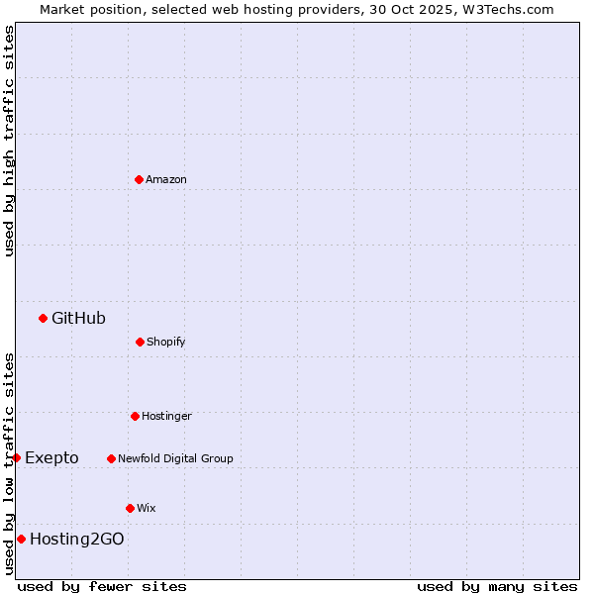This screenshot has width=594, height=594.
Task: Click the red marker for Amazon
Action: pyautogui.click(x=139, y=179)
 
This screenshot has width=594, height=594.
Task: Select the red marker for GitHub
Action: pyautogui.click(x=43, y=318)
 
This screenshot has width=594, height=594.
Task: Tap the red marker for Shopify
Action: pyautogui.click(x=140, y=342)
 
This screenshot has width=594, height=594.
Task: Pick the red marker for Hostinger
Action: pyautogui.click(x=135, y=416)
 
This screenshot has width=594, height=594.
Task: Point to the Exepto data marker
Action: pyautogui.click(x=16, y=457)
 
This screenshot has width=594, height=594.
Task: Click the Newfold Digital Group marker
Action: pyautogui.click(x=111, y=458)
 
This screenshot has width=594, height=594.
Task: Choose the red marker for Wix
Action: pyautogui.click(x=130, y=508)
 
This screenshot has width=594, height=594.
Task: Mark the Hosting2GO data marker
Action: pyautogui.click(x=21, y=539)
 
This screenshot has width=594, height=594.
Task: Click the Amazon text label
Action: pyautogui.click(x=166, y=179)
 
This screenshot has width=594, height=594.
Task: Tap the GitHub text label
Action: pyautogui.click(x=78, y=318)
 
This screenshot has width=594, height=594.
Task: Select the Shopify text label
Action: pyautogui.click(x=166, y=342)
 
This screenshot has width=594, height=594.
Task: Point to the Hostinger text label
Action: pyautogui.click(x=166, y=416)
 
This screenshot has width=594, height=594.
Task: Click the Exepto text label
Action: pyautogui.click(x=51, y=457)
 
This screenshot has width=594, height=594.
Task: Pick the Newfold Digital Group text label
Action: pyautogui.click(x=175, y=458)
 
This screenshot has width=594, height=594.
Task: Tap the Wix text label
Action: pyautogui.click(x=147, y=508)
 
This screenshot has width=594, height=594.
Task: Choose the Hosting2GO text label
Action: pyautogui.click(x=77, y=539)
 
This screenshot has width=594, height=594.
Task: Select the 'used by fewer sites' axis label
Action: pyautogui.click(x=102, y=586)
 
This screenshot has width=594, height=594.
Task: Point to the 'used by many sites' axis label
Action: pyautogui.click(x=497, y=586)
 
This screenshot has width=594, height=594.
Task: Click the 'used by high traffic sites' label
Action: pyautogui.click(x=9, y=141)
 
